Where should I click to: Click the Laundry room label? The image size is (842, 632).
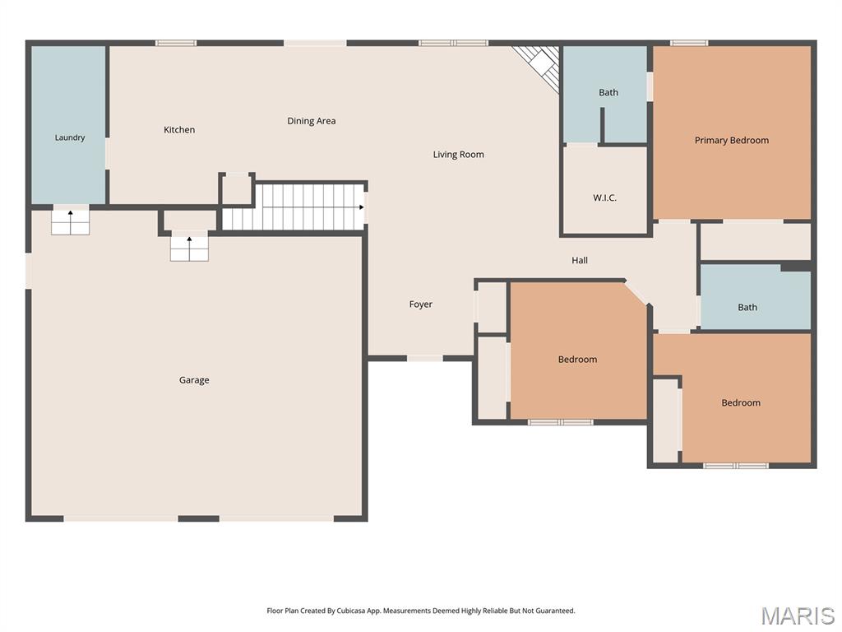click(x=70, y=137)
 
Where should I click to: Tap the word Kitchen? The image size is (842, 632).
click(x=179, y=129)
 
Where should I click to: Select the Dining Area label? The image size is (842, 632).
click(x=312, y=121)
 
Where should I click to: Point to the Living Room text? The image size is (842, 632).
click(x=459, y=155)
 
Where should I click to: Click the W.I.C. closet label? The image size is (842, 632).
click(x=604, y=197)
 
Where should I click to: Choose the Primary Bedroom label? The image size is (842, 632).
click(x=731, y=140)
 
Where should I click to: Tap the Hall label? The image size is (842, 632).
click(x=580, y=260)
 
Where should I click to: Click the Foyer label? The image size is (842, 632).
click(x=420, y=304)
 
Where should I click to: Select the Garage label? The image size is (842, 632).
click(x=194, y=380)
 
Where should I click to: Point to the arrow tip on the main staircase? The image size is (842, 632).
click(x=363, y=207)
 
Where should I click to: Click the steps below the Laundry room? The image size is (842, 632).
click(x=71, y=222)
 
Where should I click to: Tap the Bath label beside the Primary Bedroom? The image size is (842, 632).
click(x=608, y=92)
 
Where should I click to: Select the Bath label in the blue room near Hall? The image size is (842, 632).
click(x=747, y=308)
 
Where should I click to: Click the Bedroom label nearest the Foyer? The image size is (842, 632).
click(x=577, y=360)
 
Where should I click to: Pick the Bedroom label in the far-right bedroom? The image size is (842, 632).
click(x=741, y=403)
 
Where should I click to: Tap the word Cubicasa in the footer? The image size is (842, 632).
click(x=351, y=611)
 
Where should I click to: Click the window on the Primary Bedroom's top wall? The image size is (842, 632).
click(x=689, y=43)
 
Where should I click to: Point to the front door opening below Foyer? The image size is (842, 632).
click(x=425, y=358)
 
